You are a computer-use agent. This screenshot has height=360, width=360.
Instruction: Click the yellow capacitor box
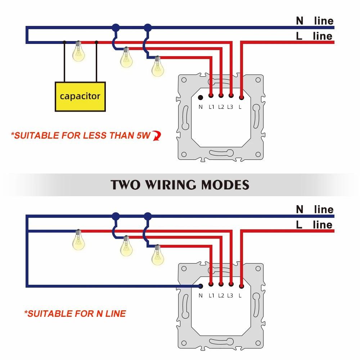tap(80, 96)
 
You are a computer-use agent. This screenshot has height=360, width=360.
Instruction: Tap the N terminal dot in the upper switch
tap(201, 97)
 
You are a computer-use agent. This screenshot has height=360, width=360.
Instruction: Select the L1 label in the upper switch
tap(211, 107)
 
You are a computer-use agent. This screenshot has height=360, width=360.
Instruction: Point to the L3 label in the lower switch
tap(230, 296)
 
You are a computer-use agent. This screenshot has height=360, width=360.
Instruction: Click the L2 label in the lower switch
tap(221, 296)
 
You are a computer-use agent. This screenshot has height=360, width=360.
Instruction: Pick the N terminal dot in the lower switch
tap(201, 286)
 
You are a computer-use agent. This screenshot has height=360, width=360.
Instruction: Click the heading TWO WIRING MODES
tap(180, 185)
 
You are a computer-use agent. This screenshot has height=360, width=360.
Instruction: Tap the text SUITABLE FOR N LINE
tap(75, 314)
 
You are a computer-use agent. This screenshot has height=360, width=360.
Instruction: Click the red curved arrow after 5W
tap(157, 135)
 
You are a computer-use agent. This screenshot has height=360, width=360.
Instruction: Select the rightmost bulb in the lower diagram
tap(157, 255)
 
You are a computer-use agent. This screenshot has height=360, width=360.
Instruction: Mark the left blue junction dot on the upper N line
tap(116, 27)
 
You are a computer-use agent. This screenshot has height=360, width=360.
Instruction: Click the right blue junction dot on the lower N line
tap(147, 216)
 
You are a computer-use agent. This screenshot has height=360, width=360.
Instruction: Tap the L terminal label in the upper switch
tap(240, 107)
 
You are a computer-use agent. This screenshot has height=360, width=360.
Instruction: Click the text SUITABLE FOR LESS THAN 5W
tap(80, 136)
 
